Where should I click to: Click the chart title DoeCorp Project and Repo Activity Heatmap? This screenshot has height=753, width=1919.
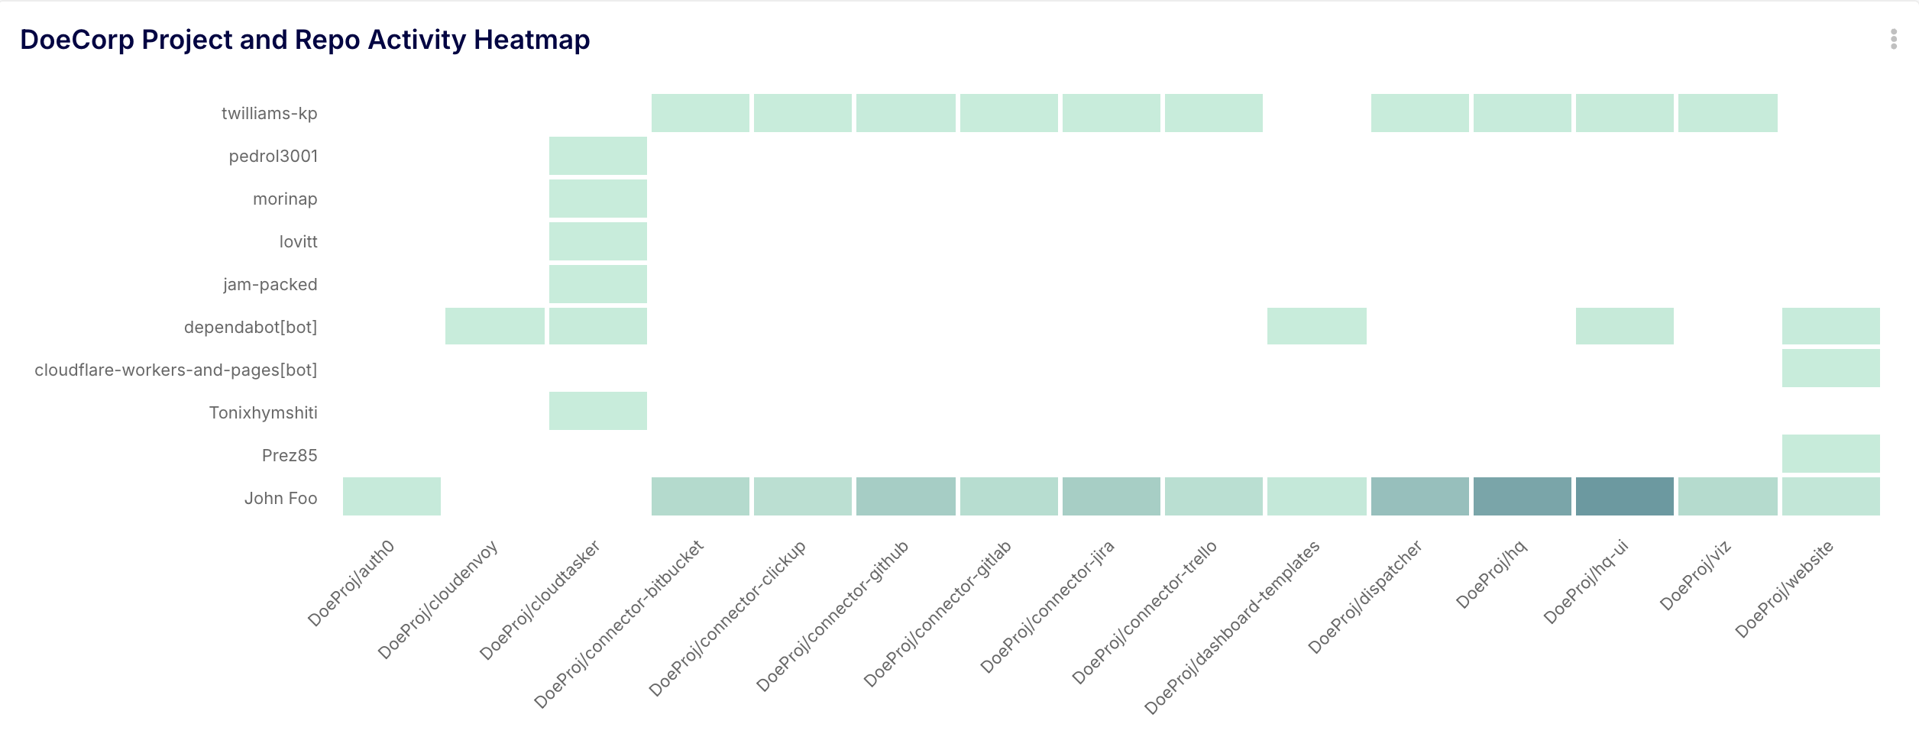tap(305, 40)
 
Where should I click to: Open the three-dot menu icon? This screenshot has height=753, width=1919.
tap(1893, 39)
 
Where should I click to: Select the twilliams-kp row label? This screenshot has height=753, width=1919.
tap(269, 114)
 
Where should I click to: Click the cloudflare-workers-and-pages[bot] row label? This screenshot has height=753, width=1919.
tap(176, 370)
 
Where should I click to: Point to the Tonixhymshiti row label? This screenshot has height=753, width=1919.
tap(263, 413)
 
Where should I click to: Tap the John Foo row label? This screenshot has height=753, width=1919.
tap(280, 499)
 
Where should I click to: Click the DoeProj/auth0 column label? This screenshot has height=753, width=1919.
tap(351, 583)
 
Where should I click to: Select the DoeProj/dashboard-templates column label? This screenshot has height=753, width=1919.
tap(1231, 627)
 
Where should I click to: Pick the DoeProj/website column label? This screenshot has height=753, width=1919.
tap(1784, 589)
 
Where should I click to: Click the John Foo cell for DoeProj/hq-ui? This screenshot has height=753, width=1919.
tap(1624, 496)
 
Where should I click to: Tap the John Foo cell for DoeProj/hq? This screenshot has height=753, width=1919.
tap(1522, 496)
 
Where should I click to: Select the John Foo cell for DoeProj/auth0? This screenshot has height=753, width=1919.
tap(391, 496)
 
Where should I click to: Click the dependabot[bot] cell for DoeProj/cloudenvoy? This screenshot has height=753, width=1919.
tap(494, 326)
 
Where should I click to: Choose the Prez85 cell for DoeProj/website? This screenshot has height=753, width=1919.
tap(1830, 454)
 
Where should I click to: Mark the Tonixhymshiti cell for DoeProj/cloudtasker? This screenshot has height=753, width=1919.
tap(597, 411)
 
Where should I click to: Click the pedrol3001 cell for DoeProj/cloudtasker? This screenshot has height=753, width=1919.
tap(597, 156)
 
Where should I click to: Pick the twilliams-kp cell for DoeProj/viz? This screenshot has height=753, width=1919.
tap(1727, 113)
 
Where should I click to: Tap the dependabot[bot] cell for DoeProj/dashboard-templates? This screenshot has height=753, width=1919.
tap(1316, 326)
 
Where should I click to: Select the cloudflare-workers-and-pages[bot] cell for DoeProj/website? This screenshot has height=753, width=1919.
tap(1830, 368)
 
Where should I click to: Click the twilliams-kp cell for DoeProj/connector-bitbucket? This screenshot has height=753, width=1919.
tap(700, 113)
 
